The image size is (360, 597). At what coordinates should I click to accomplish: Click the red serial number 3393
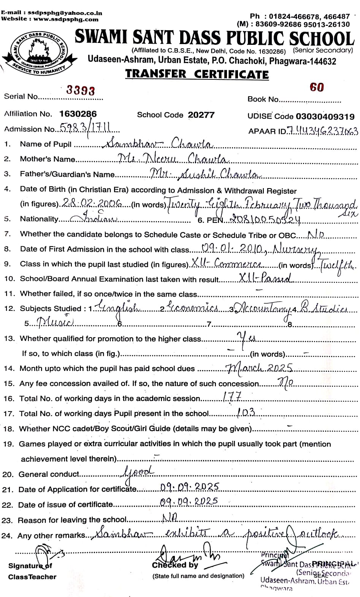tap(81, 90)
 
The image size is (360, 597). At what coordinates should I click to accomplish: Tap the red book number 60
tap(317, 87)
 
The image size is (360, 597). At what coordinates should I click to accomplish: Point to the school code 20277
tap(201, 115)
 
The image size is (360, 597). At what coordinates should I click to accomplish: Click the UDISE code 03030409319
tap(325, 116)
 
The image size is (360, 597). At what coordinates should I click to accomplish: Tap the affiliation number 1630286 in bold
tap(78, 114)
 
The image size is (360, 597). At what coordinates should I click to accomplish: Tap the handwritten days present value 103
tap(246, 412)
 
